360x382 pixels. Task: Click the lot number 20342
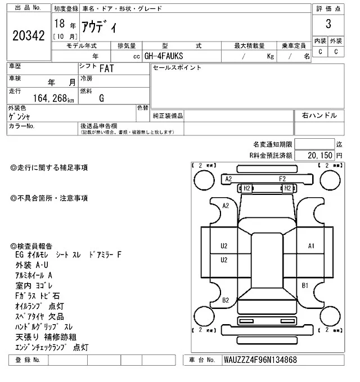click(28, 36)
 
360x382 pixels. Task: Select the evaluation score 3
click(327, 24)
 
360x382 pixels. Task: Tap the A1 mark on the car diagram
click(312, 246)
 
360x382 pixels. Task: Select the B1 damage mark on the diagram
click(305, 286)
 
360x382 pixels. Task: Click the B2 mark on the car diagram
click(226, 300)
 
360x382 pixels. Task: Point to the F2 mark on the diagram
click(283, 179)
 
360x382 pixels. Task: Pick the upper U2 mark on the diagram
click(224, 246)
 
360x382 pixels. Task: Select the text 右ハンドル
click(319, 115)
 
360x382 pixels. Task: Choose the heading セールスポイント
click(177, 68)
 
